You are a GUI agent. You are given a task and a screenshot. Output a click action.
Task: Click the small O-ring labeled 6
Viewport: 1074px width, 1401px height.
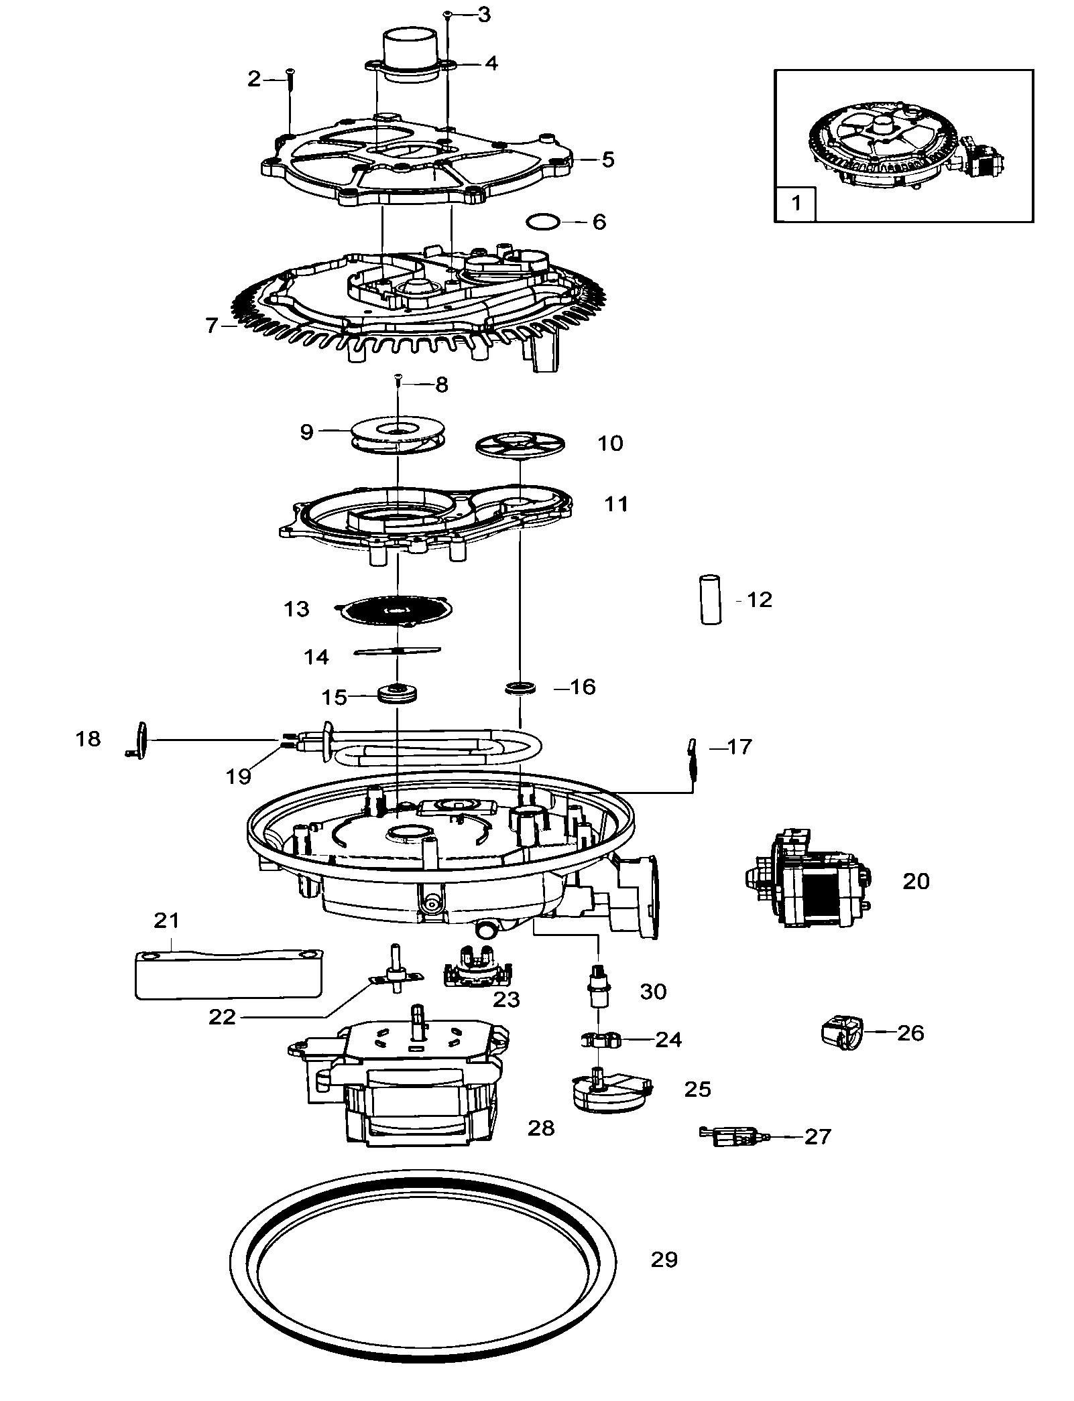(542, 221)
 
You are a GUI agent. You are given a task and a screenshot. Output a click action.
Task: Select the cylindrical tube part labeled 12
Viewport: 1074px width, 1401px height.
(711, 599)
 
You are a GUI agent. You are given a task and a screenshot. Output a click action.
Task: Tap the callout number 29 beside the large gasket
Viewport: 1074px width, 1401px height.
(664, 1260)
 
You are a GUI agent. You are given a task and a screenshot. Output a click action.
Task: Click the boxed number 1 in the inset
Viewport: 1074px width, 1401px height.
(796, 202)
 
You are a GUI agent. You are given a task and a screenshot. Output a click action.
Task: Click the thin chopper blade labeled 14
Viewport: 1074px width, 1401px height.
(397, 651)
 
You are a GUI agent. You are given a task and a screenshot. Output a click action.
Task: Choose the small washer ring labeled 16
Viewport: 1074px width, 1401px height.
(520, 687)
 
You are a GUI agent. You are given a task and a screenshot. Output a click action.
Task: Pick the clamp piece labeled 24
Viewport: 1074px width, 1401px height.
(601, 1040)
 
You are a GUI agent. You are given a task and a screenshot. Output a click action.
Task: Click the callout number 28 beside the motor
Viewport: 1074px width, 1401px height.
(540, 1128)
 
